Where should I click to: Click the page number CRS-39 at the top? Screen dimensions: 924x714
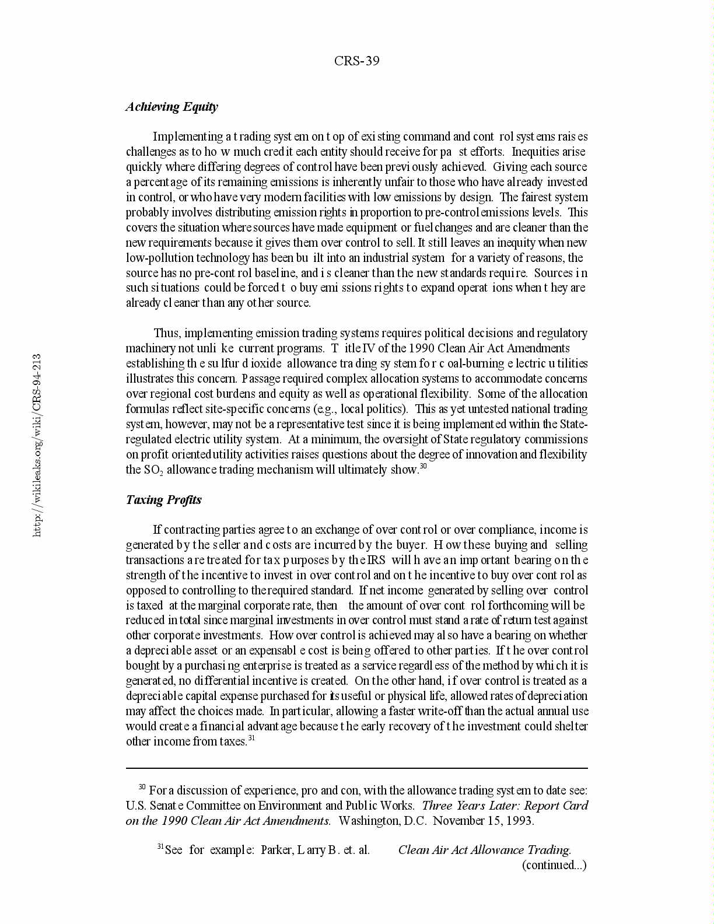pos(356,61)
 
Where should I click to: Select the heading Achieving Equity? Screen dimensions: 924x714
pos(171,107)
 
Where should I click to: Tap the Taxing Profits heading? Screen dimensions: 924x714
pos(164,500)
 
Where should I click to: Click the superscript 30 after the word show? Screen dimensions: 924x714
pos(424,467)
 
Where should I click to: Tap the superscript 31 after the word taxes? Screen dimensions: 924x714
pos(252,738)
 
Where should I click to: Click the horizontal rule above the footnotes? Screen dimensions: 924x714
pos(356,769)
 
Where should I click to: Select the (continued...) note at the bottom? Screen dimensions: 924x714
pos(554,865)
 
